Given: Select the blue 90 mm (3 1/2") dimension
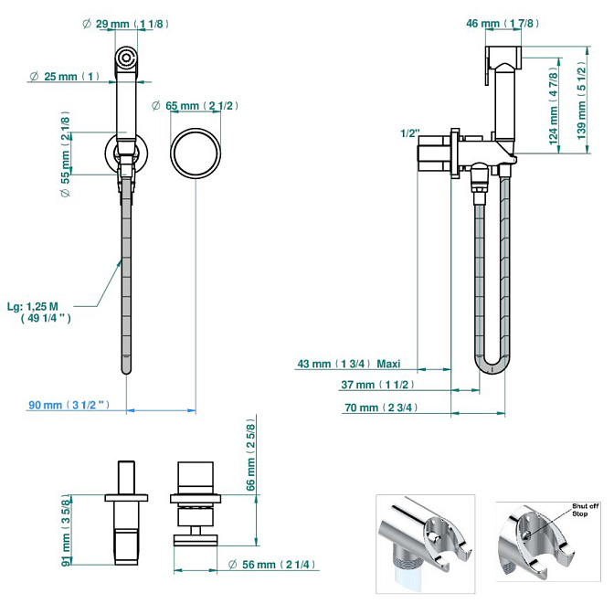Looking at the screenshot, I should pyautogui.click(x=69, y=406).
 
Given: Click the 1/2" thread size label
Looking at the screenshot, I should pyautogui.click(x=409, y=133).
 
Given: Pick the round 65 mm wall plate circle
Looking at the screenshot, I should pyautogui.click(x=196, y=150).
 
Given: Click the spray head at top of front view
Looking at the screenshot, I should pyautogui.click(x=126, y=61).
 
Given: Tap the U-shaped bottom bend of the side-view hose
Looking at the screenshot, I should pyautogui.click(x=490, y=367).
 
